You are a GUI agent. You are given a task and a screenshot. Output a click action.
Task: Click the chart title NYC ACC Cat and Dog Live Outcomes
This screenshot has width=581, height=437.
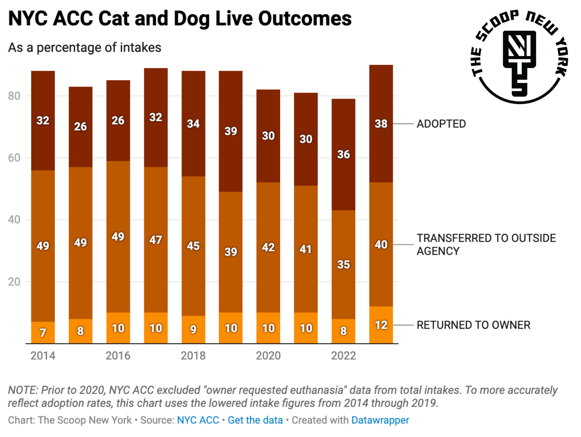180,19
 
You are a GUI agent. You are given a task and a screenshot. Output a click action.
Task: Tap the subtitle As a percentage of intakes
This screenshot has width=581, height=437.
85,48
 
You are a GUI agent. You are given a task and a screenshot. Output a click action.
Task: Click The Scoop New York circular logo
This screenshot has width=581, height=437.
520,57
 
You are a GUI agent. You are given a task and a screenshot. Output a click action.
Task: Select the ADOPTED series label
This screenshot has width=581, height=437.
441,124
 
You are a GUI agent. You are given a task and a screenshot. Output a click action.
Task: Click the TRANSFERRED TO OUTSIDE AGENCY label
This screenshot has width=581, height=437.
486,245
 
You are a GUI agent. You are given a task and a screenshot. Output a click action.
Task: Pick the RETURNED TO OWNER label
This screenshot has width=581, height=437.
473,325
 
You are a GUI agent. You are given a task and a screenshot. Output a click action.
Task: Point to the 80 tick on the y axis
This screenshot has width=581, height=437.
14,96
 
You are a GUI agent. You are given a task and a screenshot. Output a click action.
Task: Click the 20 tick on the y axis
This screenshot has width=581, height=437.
14,282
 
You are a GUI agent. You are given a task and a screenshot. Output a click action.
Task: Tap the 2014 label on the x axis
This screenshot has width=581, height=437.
43,356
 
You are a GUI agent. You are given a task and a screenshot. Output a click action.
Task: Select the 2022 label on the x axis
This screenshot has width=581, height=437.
343,356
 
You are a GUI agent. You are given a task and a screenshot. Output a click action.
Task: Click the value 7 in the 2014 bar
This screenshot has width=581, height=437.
43,332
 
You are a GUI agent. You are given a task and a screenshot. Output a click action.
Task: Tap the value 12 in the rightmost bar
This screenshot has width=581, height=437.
381,325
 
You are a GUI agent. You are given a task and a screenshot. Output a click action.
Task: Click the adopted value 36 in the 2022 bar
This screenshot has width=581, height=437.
343,154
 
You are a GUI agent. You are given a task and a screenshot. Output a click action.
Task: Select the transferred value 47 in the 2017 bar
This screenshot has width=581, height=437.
155,240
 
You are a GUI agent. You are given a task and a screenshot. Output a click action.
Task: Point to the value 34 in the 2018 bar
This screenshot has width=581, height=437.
193,124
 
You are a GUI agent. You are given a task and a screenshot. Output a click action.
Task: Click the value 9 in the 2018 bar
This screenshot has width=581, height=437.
193,330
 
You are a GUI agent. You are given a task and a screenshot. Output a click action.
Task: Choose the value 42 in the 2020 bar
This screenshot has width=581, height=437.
268,247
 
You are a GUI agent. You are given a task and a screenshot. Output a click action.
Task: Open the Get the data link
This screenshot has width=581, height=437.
255,420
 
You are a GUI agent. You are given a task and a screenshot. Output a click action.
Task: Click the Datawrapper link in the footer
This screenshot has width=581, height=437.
380,420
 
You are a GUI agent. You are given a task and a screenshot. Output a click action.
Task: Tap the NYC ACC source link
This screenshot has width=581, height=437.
198,420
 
